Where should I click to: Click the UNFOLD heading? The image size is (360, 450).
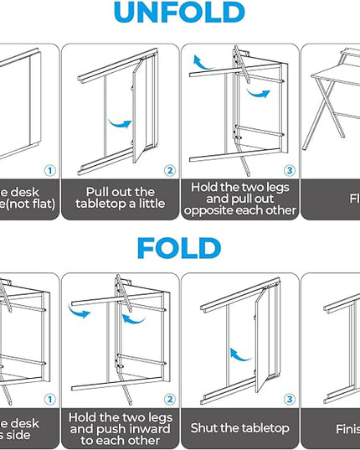[179, 13]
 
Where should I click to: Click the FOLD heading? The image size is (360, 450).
[179, 248]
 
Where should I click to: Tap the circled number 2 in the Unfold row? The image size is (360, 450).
[170, 171]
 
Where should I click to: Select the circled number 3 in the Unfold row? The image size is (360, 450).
[289, 171]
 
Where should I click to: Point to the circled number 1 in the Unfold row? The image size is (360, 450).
[49, 171]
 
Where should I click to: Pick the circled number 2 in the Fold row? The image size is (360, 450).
[170, 400]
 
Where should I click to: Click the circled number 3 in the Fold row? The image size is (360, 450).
[289, 400]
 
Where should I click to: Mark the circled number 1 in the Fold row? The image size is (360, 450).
[49, 400]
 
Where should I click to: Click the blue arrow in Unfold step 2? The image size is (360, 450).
[121, 123]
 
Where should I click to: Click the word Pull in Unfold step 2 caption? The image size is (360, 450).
[91, 191]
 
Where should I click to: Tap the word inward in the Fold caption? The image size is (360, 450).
[146, 428]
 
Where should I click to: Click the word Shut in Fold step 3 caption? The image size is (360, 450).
[205, 428]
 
